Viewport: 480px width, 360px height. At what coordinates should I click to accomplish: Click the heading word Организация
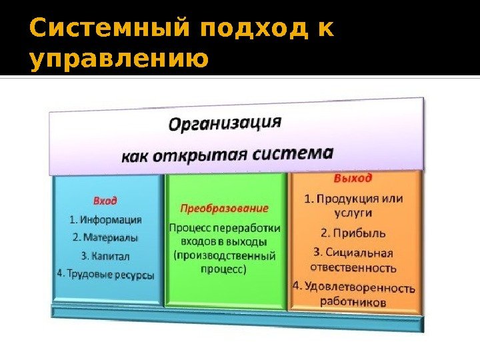[x=224, y=124]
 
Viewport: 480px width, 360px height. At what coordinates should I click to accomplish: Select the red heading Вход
[x=105, y=199]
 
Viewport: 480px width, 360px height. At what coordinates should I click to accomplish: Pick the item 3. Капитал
[x=105, y=255]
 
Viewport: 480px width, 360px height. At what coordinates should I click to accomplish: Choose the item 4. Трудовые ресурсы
[x=107, y=273]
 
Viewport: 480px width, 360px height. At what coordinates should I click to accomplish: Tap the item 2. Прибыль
[x=353, y=233]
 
